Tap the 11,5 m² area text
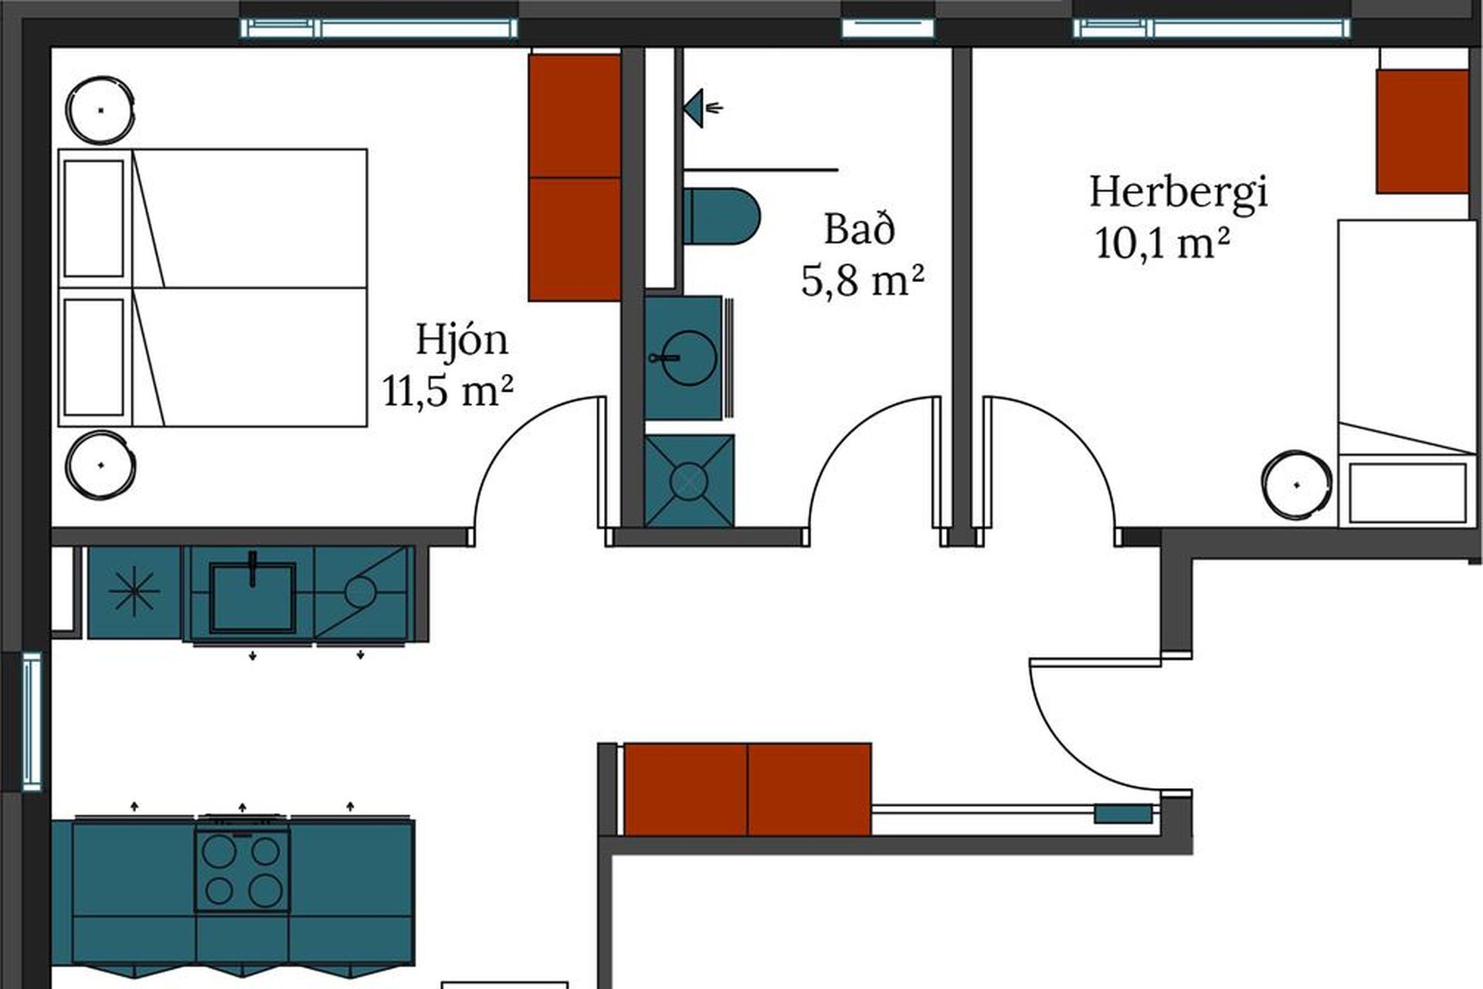click(448, 390)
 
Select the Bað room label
click(859, 229)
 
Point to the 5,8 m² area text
click(862, 280)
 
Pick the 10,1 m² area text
click(1162, 243)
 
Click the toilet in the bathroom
click(721, 216)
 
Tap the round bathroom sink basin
click(687, 358)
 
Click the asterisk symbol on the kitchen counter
click(134, 592)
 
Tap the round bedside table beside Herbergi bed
click(1297, 485)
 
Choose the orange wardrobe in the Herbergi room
click(1422, 131)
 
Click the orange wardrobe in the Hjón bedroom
click(575, 177)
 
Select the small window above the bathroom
click(887, 29)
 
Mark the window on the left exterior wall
click(32, 721)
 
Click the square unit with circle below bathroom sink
click(689, 481)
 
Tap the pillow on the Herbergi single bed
click(1407, 492)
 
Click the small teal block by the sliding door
click(1124, 814)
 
